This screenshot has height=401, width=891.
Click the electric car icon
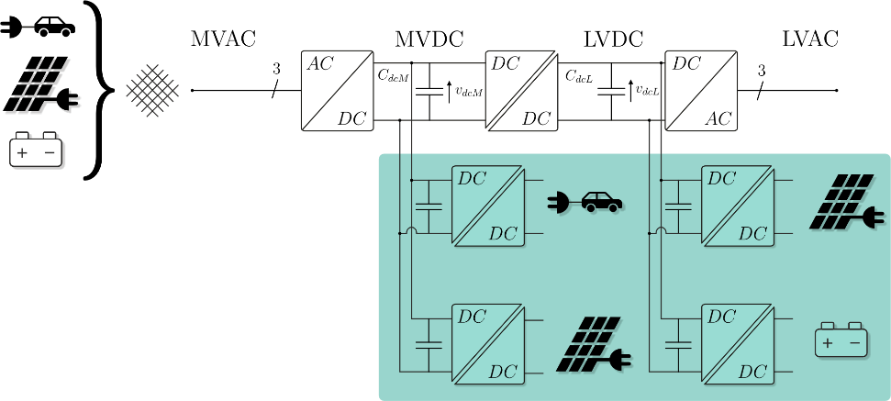tap(601, 202)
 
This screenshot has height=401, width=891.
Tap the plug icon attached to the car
tap(559, 203)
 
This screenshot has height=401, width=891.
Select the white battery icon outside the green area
tap(36, 150)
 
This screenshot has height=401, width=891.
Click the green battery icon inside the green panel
tap(841, 340)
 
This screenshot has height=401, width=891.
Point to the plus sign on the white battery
tap(22, 152)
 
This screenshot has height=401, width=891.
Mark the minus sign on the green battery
tap(854, 343)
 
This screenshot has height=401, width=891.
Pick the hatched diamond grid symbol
tap(151, 91)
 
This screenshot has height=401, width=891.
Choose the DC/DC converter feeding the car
tap(487, 206)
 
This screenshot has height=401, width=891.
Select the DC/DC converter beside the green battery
tap(738, 344)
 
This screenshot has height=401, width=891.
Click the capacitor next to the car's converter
tap(429, 206)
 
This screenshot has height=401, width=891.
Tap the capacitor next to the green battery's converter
tap(678, 344)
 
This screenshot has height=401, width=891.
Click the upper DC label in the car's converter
tap(472, 179)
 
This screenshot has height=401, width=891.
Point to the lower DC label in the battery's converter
tap(752, 372)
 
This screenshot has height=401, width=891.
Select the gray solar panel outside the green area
tap(41, 87)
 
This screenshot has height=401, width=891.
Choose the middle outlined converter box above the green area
tap(521, 91)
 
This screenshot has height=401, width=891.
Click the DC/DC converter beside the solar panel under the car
tap(487, 344)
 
